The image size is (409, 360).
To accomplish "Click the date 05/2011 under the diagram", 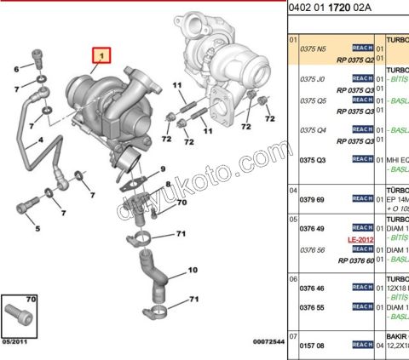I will [15, 341].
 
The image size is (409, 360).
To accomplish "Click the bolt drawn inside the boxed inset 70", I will [19, 318].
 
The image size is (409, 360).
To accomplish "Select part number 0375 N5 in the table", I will [314, 49].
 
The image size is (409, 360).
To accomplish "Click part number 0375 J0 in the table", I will [313, 79].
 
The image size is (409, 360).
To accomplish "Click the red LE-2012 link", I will [361, 241].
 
